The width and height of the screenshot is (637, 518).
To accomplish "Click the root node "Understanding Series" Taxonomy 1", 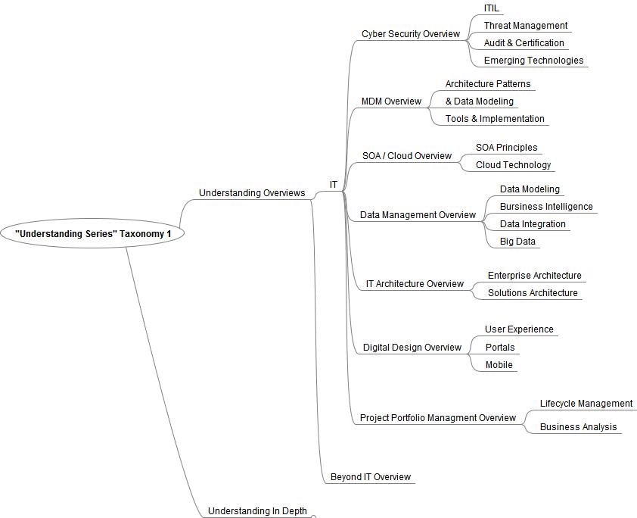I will point(93,234).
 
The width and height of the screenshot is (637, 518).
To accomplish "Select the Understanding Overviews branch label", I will point(252,193).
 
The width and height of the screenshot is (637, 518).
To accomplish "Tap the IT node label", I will point(334,185).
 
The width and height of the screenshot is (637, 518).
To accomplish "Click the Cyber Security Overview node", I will point(410,34).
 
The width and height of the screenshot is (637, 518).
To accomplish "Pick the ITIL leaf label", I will point(492,8).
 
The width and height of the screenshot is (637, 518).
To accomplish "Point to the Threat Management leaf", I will point(525,26).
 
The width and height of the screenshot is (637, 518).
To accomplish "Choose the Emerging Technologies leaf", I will point(533,61).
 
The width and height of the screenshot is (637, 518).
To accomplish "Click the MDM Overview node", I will point(391,101).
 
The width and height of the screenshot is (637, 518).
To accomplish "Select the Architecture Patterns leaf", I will point(488,84).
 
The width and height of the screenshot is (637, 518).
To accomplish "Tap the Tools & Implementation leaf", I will point(495,119).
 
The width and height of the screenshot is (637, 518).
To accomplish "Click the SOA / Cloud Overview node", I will point(407,156).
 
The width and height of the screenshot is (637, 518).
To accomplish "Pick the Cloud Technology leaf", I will point(513,165).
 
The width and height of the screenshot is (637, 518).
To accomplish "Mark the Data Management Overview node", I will point(418,215).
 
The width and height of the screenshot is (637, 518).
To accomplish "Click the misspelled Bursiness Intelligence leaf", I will point(546,207).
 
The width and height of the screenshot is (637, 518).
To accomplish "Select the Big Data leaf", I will point(517,242).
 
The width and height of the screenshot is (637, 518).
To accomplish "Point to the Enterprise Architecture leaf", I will point(534,276).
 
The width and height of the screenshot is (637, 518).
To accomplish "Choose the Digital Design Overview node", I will point(412,348).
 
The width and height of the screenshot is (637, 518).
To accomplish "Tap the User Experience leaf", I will point(519,329).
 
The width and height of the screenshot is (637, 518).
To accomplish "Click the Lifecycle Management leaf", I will point(586,404).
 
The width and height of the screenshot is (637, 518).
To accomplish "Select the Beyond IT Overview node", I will point(371,477).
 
